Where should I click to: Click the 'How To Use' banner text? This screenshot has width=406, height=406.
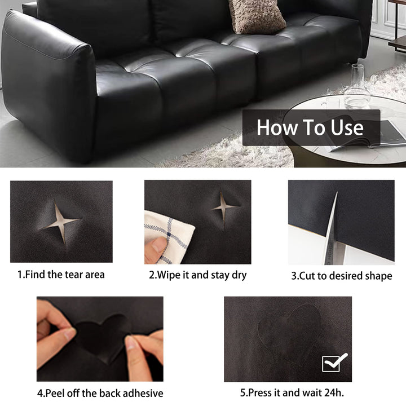tap(310, 127)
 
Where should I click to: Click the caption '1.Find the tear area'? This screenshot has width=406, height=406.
tap(61, 275)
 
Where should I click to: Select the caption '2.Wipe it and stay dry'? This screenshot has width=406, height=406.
tap(197, 275)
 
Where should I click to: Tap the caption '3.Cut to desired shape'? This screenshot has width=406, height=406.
tap(341, 276)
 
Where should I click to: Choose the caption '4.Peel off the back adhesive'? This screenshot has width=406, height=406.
tap(100, 393)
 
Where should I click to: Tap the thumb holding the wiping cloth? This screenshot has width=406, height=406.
tap(157, 246)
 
